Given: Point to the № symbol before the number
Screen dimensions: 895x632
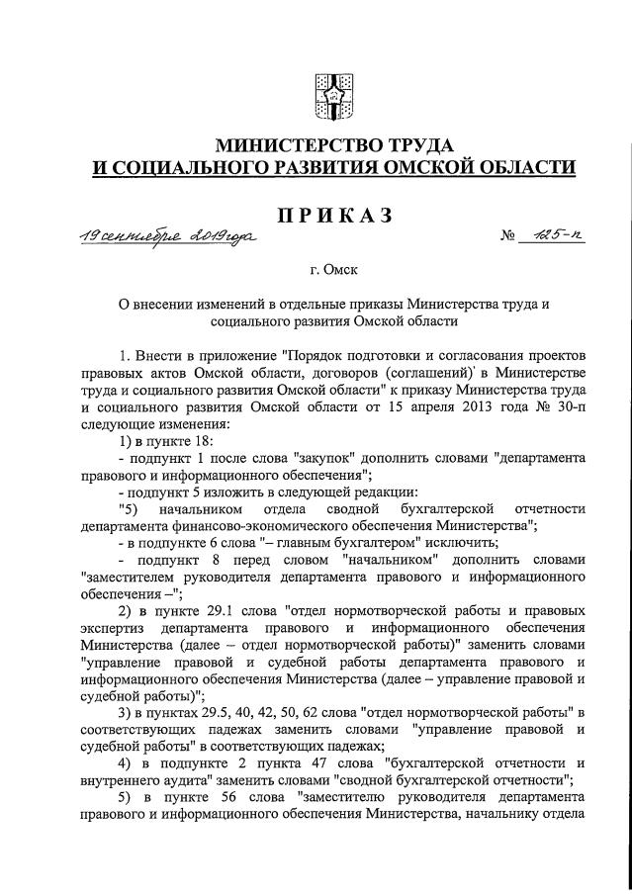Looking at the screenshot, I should (510, 239).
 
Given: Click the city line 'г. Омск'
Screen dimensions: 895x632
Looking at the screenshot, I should (332, 269).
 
